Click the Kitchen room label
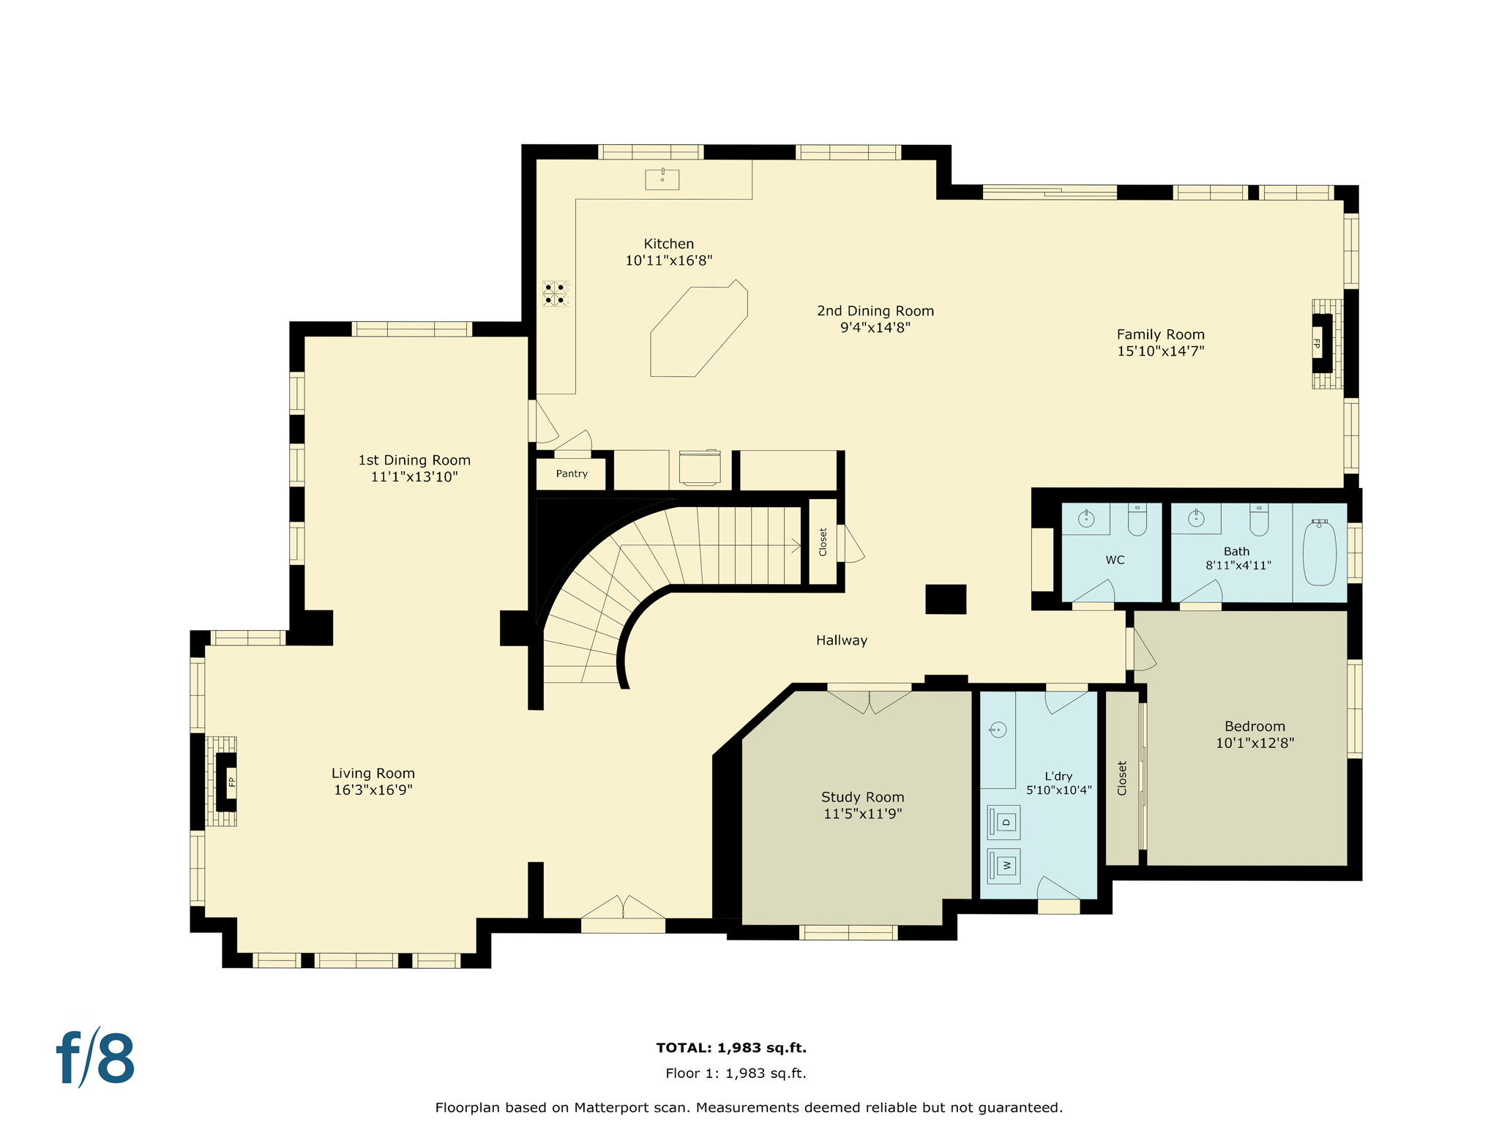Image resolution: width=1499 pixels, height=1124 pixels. [668, 244]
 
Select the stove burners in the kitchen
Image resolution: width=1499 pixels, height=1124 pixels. [555, 293]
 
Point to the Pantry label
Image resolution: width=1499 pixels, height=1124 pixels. [571, 474]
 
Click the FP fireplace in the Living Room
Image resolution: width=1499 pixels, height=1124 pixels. [228, 782]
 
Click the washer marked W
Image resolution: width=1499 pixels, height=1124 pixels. [1004, 866]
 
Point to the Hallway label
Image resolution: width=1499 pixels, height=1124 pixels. [842, 640]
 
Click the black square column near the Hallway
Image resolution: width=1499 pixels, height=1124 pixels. [946, 599]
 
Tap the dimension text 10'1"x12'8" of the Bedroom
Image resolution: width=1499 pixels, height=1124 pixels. [1255, 743]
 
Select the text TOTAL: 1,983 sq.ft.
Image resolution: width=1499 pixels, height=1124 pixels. [731, 1048]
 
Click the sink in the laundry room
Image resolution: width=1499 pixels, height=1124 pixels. [998, 730]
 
